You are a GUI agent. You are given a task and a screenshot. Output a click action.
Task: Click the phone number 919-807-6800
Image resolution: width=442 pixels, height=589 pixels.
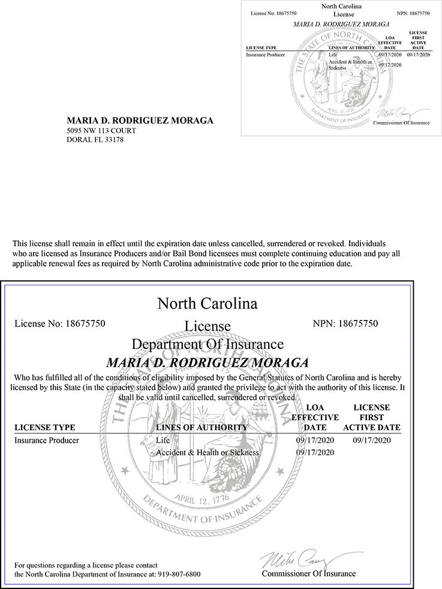pyautogui.click(x=179, y=574)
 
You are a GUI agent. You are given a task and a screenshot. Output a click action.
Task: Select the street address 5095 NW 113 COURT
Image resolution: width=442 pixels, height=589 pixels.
pyautogui.click(x=101, y=131)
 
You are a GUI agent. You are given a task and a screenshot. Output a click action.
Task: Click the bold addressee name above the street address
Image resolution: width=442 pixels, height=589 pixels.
pyautogui.click(x=140, y=120)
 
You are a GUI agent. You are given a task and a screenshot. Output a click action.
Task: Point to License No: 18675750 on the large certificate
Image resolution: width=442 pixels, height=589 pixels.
pyautogui.click(x=59, y=324)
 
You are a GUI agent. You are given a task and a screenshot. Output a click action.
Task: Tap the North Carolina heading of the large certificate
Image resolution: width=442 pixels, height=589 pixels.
pyautogui.click(x=207, y=303)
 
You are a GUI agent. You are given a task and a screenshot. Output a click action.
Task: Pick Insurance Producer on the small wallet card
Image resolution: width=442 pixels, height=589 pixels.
pyautogui.click(x=265, y=55)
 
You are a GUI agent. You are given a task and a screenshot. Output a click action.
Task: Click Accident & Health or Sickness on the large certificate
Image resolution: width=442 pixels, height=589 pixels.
pyautogui.click(x=207, y=452)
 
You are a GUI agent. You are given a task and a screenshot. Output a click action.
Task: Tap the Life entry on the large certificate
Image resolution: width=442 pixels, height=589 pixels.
pyautogui.click(x=163, y=440)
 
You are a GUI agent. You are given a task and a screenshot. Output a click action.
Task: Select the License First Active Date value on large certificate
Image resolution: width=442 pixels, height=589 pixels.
pyautogui.click(x=372, y=440)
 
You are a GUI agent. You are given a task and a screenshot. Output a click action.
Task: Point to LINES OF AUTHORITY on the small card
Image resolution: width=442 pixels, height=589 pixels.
pyautogui.click(x=352, y=47)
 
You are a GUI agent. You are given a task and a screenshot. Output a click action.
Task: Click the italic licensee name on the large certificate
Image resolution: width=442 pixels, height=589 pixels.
pyautogui.click(x=207, y=363)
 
